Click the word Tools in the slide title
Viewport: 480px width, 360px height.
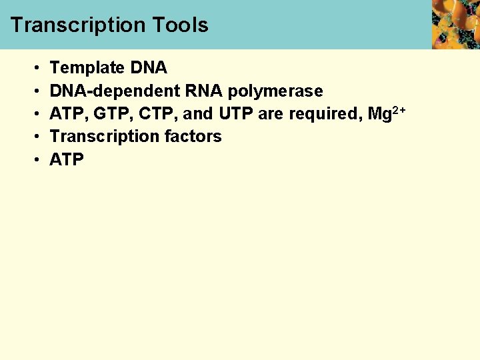(180, 25)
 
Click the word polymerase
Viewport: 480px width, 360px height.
(275, 91)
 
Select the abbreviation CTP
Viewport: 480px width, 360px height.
(154, 114)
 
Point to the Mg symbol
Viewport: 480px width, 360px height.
(380, 114)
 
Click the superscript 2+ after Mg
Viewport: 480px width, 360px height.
(399, 109)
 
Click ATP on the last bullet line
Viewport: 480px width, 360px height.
(67, 160)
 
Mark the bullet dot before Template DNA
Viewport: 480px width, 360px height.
(35, 69)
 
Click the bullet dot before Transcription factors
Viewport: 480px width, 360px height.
(35, 137)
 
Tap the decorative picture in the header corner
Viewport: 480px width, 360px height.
(455, 24)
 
